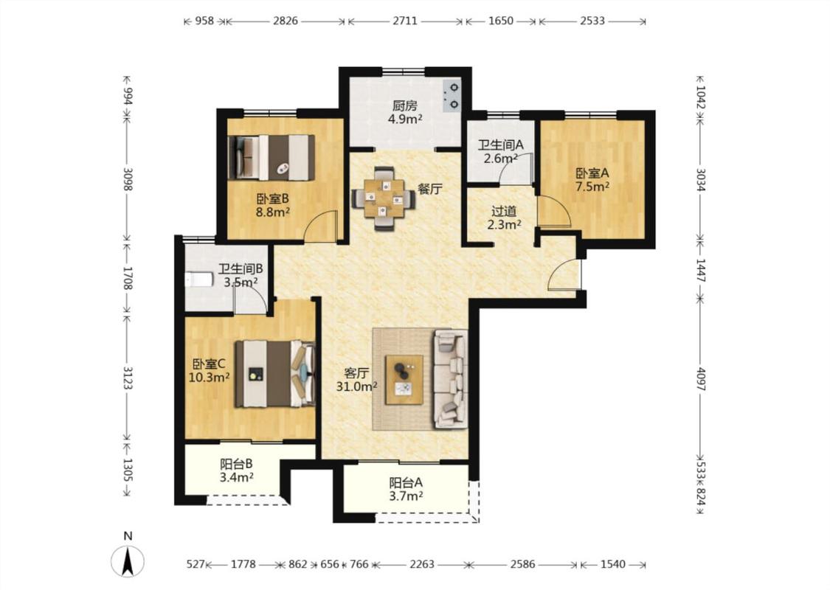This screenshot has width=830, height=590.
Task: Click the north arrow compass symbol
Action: pos(128,561)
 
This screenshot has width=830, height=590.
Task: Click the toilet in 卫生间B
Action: pos(198,279)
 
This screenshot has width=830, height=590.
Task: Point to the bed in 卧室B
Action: pos(272,158)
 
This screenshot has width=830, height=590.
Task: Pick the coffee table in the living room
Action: pos(404,379)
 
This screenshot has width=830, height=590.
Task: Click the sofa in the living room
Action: pos(451,379)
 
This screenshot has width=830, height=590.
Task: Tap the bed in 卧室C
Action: pos(275,374)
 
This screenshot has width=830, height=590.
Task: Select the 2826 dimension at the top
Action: pos(286,21)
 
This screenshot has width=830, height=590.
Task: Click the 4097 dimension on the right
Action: pos(700,379)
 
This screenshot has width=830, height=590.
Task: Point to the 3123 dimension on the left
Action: pos(127,378)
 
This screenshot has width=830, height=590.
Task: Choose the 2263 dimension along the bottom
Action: pos(422,564)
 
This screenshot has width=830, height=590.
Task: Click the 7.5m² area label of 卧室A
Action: pos(592,187)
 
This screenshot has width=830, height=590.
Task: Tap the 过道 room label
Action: pos(504,211)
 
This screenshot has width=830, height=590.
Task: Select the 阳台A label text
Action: pos(406,482)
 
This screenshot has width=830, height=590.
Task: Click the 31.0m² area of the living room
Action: pos(357,386)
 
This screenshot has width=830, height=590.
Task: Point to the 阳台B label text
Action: pos(236,464)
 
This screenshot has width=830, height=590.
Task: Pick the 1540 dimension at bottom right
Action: pos(613,564)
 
